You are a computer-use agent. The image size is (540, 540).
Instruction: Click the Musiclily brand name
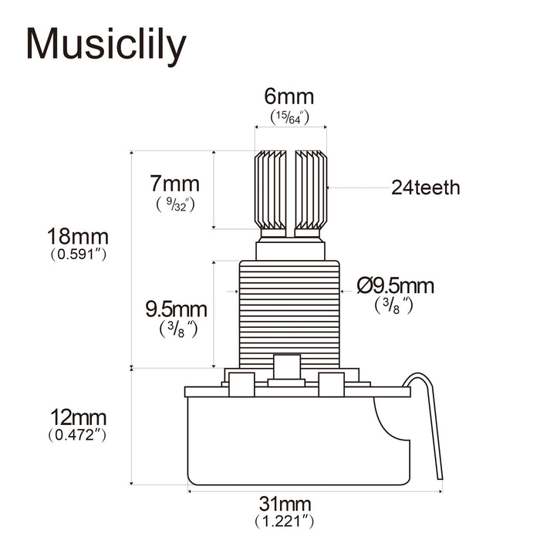(x=106, y=45)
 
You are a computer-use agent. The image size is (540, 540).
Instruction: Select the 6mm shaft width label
(x=289, y=97)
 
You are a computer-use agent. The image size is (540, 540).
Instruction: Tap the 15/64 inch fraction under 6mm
(x=289, y=116)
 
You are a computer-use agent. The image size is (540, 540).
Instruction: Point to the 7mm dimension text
(x=174, y=184)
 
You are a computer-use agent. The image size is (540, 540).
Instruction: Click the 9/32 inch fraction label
(x=174, y=204)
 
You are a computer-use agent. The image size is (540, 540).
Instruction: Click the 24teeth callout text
(x=425, y=187)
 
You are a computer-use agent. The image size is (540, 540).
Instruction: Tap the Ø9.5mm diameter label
(x=396, y=286)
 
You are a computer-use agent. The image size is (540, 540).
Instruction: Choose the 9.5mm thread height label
(x=177, y=309)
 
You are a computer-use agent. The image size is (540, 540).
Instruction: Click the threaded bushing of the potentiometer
(x=289, y=312)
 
